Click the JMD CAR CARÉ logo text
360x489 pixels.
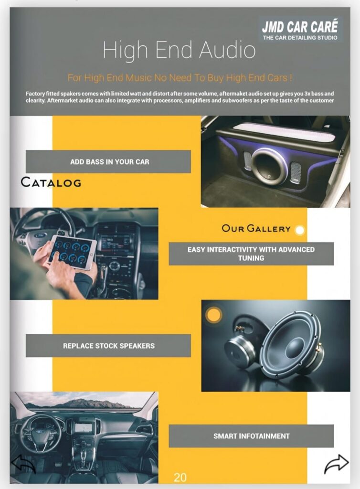(300, 27)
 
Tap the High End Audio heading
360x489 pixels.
(179, 50)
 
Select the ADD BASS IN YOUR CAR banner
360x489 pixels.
(108, 161)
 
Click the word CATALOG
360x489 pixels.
(51, 182)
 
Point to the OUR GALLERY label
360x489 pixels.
(256, 229)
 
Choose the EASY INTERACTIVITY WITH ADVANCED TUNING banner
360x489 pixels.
(251, 254)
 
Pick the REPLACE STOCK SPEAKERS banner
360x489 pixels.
(108, 346)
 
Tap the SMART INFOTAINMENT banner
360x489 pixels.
(251, 436)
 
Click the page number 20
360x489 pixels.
(180, 478)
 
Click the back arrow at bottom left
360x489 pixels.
(23, 464)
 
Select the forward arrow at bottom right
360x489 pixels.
(336, 464)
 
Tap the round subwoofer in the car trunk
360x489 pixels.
(270, 166)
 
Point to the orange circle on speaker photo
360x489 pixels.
(214, 315)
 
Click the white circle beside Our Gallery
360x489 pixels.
(299, 230)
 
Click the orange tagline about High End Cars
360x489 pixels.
(180, 78)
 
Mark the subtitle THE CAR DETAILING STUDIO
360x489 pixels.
(300, 38)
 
